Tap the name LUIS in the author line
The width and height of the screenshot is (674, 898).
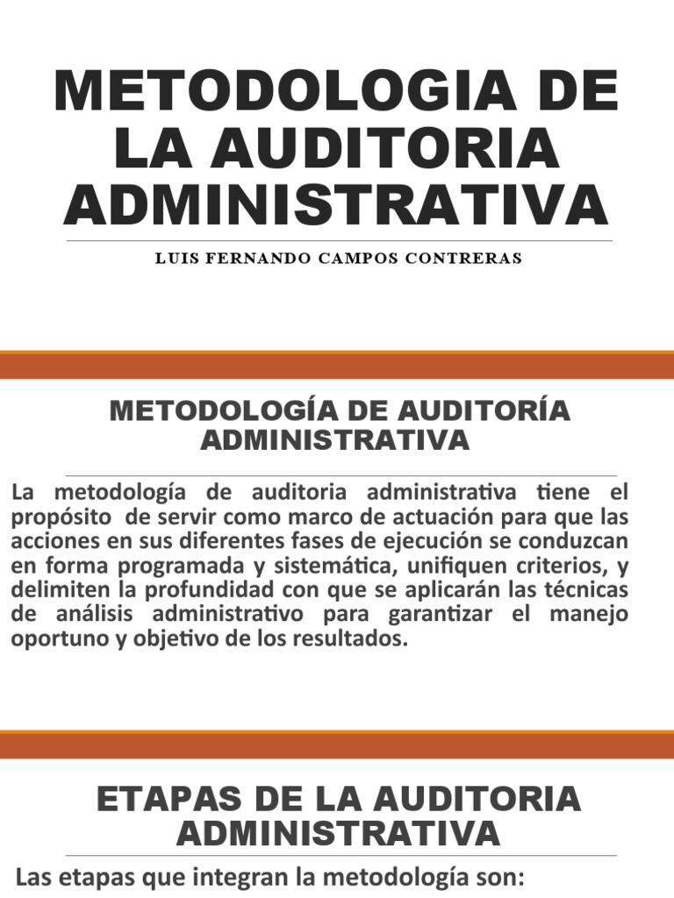pyautogui.click(x=175, y=259)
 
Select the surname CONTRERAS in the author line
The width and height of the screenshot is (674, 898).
pyautogui.click(x=470, y=259)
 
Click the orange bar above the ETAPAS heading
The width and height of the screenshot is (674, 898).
pyautogui.click(x=337, y=745)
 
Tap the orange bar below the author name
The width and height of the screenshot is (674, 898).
pyautogui.click(x=337, y=365)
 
